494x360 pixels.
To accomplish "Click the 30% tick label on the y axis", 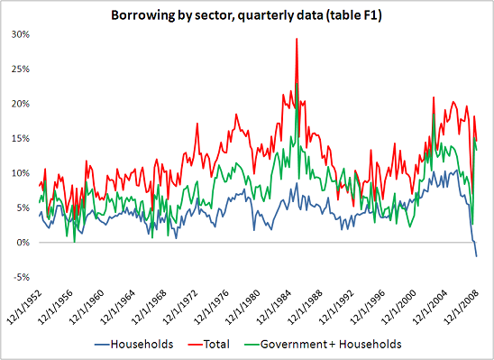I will [19, 34].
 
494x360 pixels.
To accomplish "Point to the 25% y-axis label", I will [19, 69].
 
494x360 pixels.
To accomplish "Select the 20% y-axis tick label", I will [19, 104].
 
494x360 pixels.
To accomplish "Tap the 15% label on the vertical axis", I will [19, 138].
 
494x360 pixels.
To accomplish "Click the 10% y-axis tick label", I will [19, 173].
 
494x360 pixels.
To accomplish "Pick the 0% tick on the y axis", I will [22, 243].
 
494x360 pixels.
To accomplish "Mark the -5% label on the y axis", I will [20, 277].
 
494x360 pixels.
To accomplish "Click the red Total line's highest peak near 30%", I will [297, 39].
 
